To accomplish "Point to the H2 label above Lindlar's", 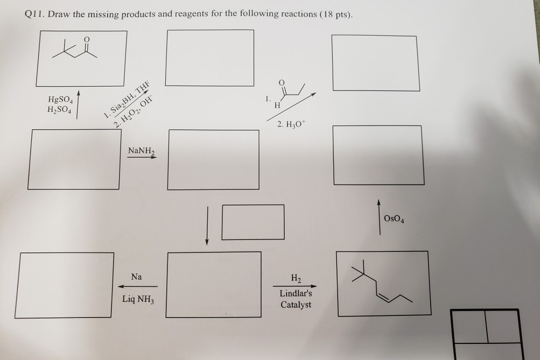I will tap(296, 278).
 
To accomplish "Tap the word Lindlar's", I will tap(296, 294).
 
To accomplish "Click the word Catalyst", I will tap(296, 305).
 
